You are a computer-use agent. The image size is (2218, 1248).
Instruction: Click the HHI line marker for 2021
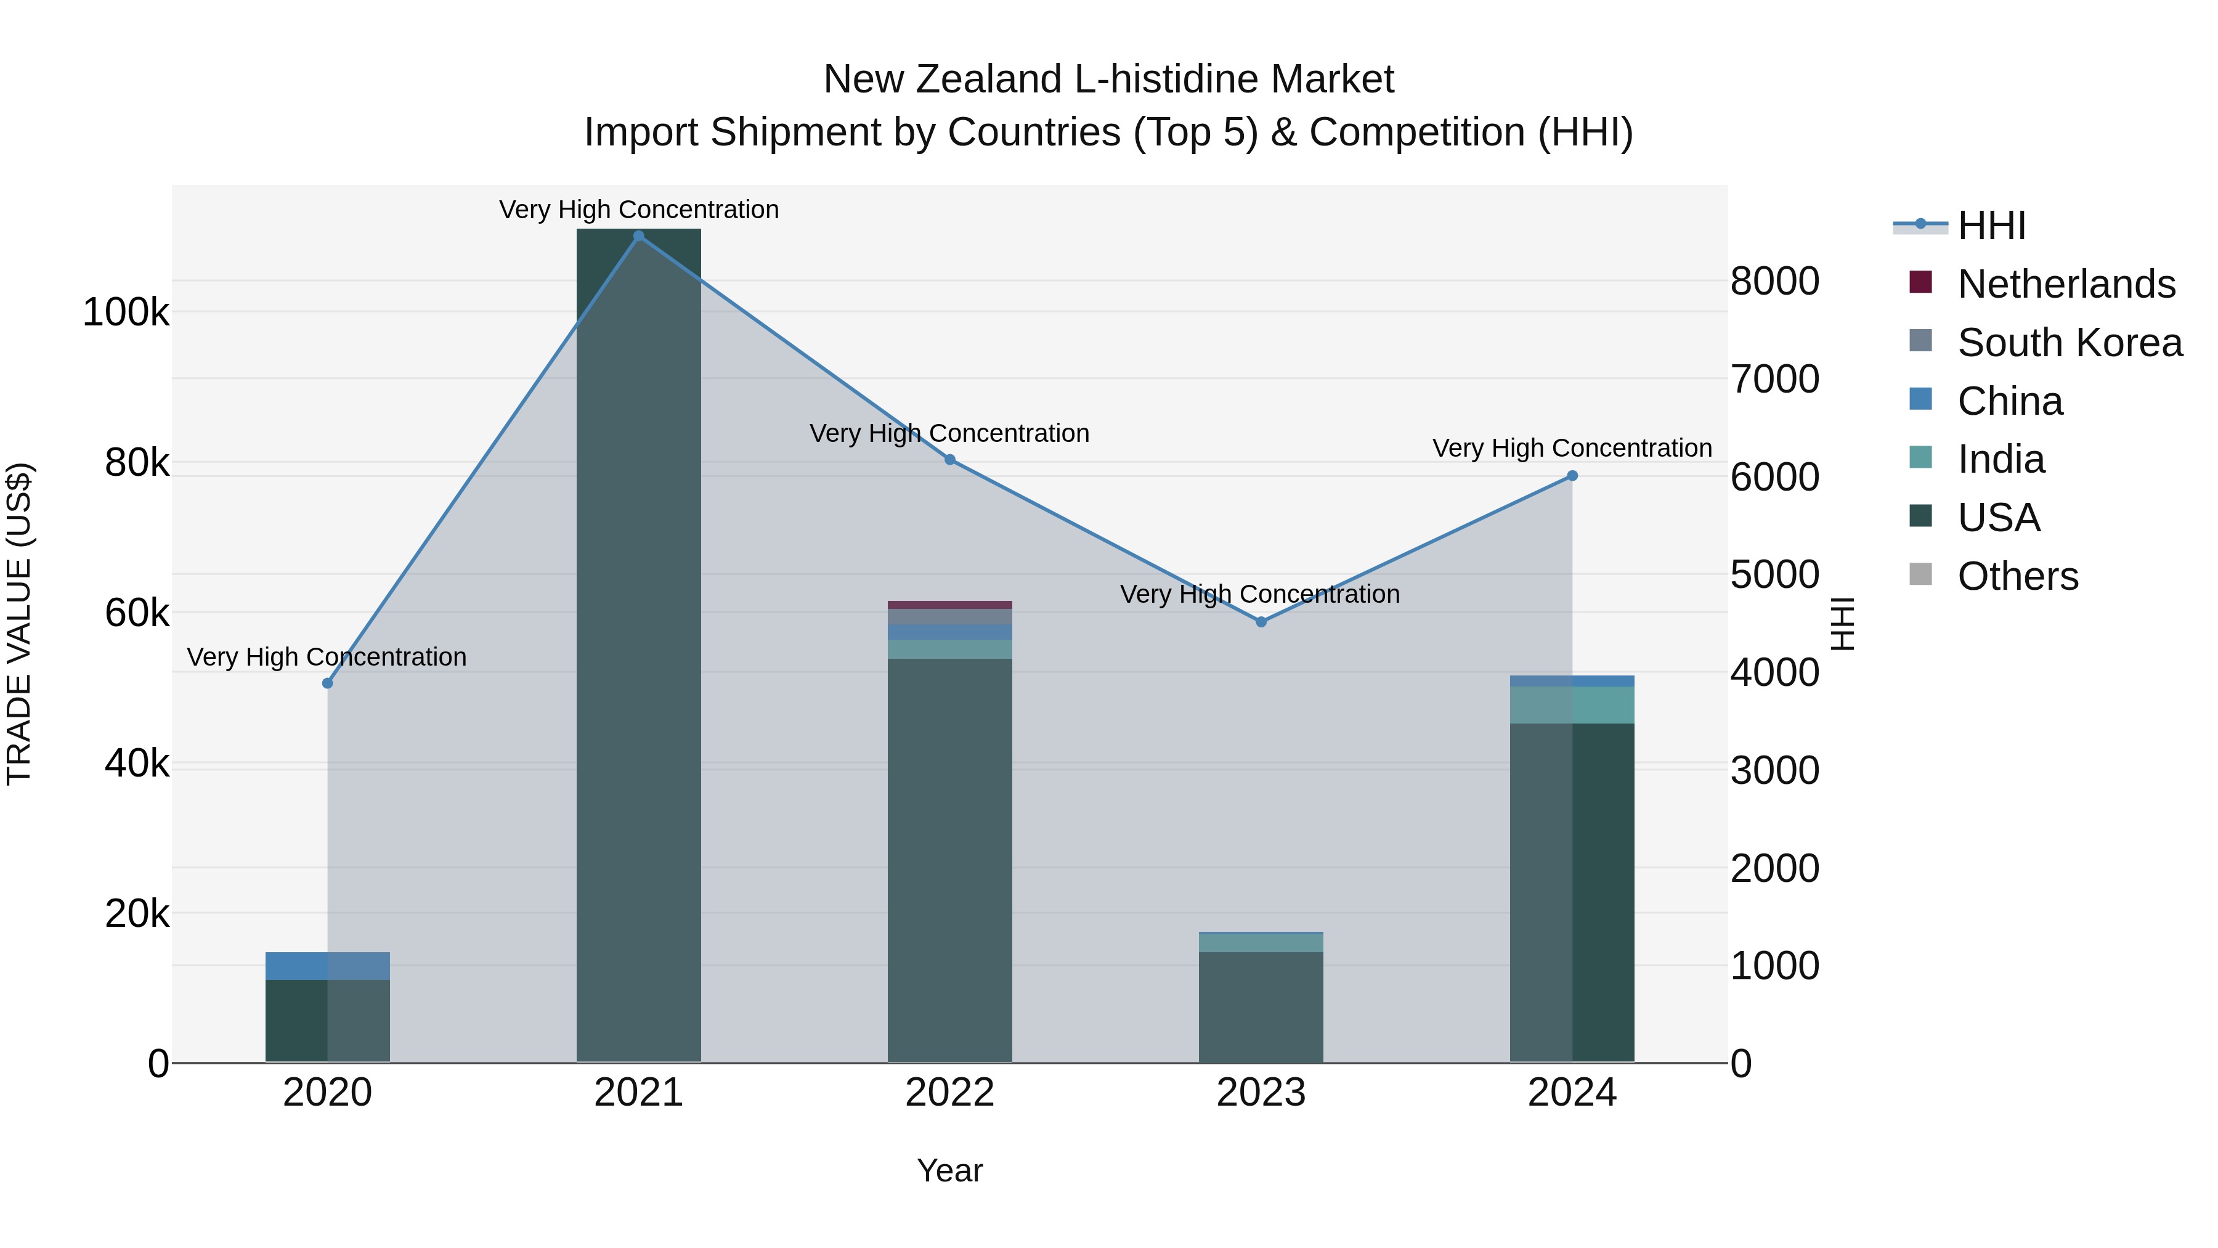[x=638, y=236]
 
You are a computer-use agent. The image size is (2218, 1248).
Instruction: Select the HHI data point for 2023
[x=1261, y=622]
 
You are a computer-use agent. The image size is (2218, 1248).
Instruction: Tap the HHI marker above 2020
[x=327, y=683]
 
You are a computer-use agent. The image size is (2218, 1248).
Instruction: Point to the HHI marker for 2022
[x=949, y=460]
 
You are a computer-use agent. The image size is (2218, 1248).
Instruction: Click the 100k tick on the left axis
[x=126, y=312]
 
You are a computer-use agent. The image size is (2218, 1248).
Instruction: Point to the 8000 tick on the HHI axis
[x=1774, y=282]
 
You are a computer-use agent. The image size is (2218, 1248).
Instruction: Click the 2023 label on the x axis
[x=1261, y=1093]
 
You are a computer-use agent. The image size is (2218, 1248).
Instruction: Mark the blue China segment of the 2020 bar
[x=327, y=966]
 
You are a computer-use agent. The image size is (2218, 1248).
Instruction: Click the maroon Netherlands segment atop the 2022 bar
[x=949, y=605]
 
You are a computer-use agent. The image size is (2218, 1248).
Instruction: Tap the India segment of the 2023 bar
[x=1261, y=943]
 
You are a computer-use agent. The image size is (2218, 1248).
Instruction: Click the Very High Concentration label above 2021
[x=638, y=210]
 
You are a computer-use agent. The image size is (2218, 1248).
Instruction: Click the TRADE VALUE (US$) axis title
[x=19, y=624]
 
